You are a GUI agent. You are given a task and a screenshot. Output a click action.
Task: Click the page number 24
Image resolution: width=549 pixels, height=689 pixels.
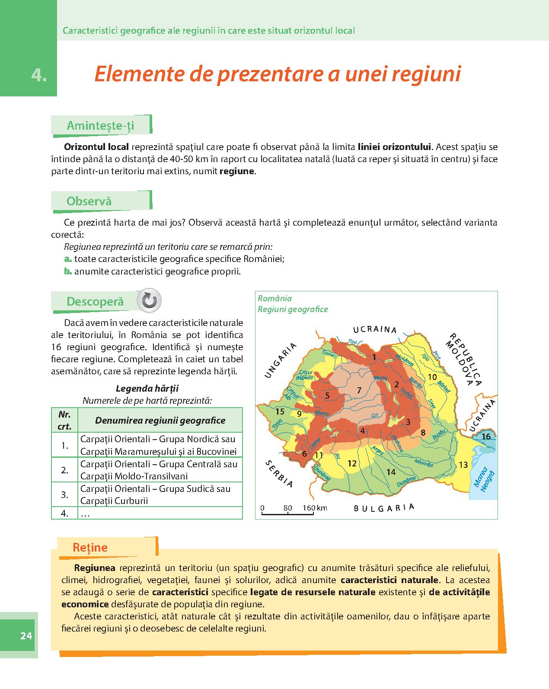(26, 635)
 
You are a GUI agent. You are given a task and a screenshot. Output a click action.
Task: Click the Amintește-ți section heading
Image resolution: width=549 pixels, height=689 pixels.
(100, 125)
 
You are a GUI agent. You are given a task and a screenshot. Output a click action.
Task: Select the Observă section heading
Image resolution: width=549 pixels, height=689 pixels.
(89, 201)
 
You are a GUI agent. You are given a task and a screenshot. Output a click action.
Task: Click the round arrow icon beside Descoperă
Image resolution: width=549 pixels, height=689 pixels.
(149, 300)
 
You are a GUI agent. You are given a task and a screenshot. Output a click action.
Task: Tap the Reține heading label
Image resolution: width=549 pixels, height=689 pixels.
(90, 547)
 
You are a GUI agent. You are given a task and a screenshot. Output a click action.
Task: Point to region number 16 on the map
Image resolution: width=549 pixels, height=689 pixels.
(486, 436)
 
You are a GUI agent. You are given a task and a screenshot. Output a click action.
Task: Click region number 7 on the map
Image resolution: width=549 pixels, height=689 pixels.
(359, 390)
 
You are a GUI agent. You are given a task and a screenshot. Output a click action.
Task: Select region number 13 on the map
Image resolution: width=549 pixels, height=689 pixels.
(463, 465)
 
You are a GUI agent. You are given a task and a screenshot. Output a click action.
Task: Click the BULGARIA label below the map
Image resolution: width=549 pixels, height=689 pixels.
(384, 507)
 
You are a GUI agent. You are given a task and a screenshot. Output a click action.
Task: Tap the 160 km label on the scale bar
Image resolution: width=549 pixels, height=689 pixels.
(315, 508)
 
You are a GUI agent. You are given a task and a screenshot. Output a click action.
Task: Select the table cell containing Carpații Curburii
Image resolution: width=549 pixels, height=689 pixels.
(160, 494)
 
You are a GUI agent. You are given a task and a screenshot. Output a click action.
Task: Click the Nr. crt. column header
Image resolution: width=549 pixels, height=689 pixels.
(64, 420)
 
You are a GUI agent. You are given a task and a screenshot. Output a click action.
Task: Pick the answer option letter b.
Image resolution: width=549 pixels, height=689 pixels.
(67, 271)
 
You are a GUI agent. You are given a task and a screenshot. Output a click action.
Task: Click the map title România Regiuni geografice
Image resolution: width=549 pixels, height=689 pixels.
(292, 303)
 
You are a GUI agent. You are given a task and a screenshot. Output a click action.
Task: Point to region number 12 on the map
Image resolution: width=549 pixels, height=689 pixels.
(352, 463)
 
